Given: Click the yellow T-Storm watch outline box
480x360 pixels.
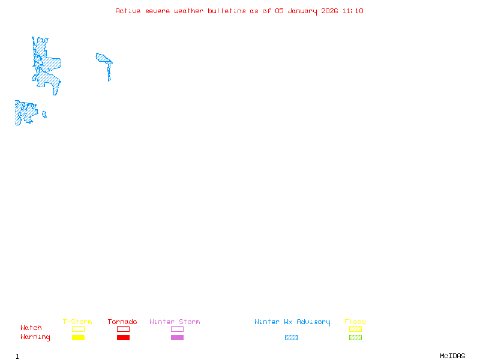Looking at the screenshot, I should (78, 329).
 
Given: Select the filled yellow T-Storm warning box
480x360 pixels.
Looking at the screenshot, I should (78, 338).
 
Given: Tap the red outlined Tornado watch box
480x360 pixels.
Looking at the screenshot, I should (123, 329).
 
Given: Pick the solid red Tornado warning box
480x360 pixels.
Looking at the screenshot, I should (123, 338).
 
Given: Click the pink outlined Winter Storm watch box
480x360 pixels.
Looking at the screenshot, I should (177, 329).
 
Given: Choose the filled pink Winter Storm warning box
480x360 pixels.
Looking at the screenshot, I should (177, 338).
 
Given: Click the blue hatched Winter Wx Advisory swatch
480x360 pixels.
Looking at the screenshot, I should (291, 338).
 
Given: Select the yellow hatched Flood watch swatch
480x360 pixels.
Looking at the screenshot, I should (355, 329).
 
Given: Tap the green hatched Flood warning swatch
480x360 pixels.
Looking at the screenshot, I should (355, 338).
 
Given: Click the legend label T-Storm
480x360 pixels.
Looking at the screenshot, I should (77, 322).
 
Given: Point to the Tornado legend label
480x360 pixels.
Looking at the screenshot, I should (122, 322).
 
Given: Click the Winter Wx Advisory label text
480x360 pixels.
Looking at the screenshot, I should (292, 322).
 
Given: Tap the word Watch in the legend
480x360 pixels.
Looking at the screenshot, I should (31, 328).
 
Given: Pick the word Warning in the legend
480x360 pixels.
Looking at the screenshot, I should (35, 337).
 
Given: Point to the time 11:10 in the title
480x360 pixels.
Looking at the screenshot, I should (353, 11).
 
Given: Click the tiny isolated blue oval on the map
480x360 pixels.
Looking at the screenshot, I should (44, 115).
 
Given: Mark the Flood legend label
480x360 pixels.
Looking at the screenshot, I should (355, 322).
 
